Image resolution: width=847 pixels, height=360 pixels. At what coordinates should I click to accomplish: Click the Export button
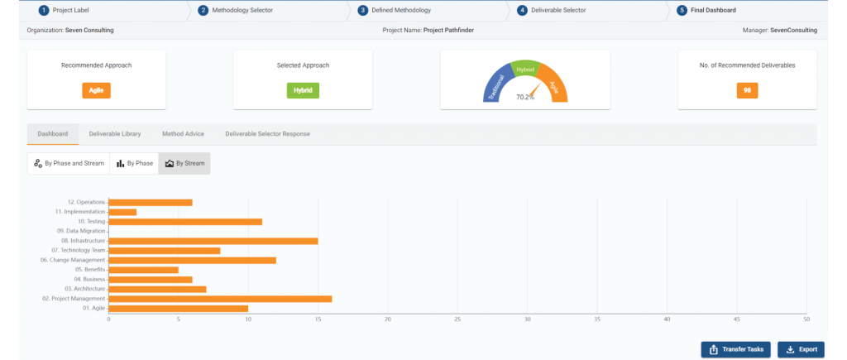click(801, 349)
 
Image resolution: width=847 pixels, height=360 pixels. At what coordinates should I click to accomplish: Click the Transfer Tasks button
click(736, 349)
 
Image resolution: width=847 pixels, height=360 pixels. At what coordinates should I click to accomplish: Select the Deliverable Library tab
click(114, 133)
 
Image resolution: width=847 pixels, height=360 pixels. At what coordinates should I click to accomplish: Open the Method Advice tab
click(183, 133)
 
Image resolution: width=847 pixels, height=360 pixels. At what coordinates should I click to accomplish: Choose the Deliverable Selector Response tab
click(267, 133)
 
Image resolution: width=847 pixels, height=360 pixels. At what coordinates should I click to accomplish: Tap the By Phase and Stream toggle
click(69, 163)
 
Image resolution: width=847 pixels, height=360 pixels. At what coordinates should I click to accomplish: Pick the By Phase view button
click(134, 163)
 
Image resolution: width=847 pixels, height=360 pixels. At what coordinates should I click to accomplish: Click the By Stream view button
click(184, 163)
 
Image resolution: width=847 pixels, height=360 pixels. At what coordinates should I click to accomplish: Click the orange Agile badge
click(96, 90)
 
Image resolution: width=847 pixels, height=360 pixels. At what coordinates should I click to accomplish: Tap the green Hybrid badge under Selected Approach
click(303, 90)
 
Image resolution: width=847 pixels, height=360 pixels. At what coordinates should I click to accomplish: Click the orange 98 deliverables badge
click(747, 90)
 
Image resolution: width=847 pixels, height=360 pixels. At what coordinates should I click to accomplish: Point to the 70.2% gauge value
click(524, 97)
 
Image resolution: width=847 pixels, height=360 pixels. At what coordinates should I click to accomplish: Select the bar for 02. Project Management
click(220, 298)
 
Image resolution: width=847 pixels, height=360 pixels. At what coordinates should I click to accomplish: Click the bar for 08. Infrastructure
click(213, 241)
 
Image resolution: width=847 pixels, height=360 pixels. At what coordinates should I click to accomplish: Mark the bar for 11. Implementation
click(122, 212)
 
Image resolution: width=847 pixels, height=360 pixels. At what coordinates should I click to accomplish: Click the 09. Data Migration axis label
click(81, 231)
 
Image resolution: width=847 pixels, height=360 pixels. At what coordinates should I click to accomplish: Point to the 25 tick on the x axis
click(457, 319)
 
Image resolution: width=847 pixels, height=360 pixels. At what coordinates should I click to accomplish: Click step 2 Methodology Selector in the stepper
click(241, 11)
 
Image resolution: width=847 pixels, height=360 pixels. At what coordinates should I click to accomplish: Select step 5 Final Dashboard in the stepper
click(713, 11)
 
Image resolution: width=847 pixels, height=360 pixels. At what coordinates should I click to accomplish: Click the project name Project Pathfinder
click(449, 30)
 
